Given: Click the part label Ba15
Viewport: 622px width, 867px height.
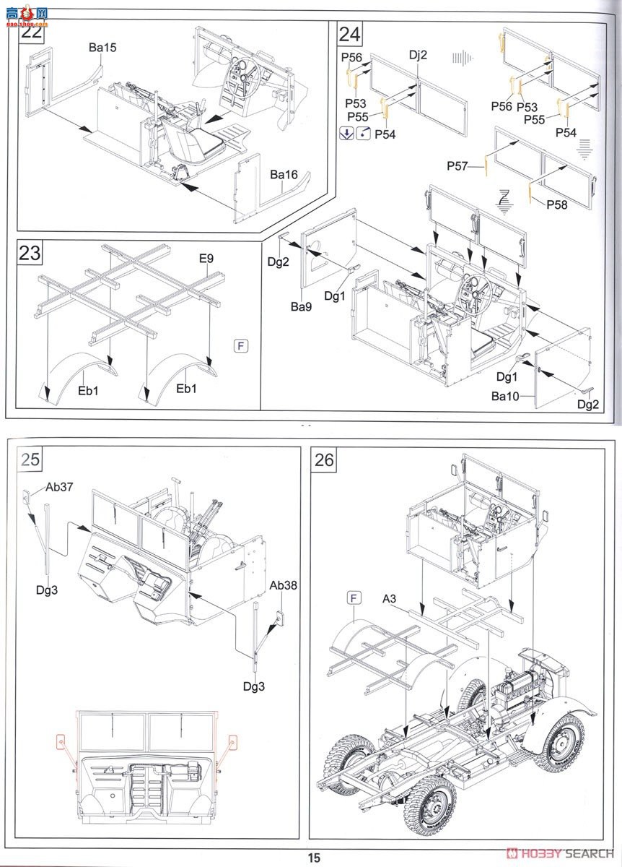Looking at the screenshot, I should tap(102, 48).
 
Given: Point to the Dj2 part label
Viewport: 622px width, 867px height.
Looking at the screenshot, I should tap(419, 55).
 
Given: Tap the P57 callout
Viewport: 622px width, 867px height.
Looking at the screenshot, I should tap(457, 166).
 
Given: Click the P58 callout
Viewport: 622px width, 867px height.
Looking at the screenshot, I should tap(557, 204).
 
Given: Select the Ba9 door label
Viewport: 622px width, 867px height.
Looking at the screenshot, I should tap(301, 306).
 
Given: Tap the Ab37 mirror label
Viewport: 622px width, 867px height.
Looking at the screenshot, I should tap(60, 487).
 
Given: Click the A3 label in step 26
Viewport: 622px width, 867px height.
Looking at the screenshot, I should tap(390, 598).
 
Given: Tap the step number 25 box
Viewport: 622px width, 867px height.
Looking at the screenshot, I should tap(30, 460).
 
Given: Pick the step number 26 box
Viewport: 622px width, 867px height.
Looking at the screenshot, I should tap(325, 460).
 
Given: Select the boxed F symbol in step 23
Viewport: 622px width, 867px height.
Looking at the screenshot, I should tap(241, 345).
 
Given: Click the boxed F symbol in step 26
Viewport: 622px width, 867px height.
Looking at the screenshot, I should tap(354, 598).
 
